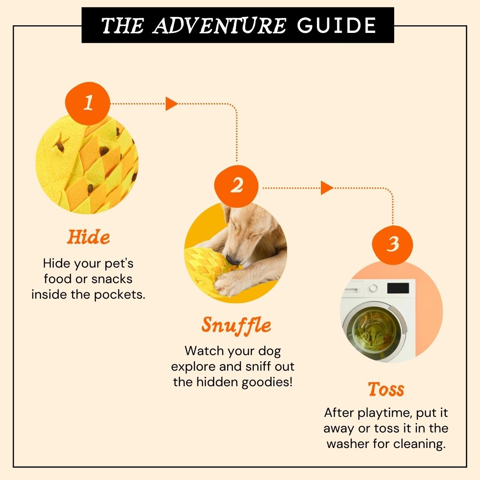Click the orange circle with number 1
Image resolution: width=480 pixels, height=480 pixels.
tap(88, 103)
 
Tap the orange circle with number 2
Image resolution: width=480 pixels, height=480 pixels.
tap(236, 186)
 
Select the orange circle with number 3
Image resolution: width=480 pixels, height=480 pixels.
tap(392, 244)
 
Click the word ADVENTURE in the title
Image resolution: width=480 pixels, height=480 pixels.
tap(220, 25)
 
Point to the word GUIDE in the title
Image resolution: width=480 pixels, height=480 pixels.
tap(336, 25)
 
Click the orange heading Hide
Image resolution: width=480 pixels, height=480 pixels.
tap(88, 237)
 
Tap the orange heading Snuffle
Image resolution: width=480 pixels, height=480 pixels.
tap(236, 326)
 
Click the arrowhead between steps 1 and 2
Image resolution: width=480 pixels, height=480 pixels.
tap(172, 104)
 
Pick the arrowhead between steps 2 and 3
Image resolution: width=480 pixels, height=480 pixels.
tap(327, 188)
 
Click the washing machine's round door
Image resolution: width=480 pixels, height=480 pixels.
tap(375, 332)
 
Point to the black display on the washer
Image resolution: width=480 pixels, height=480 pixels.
tap(398, 288)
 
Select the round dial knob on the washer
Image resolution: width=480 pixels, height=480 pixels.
tap(373, 288)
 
